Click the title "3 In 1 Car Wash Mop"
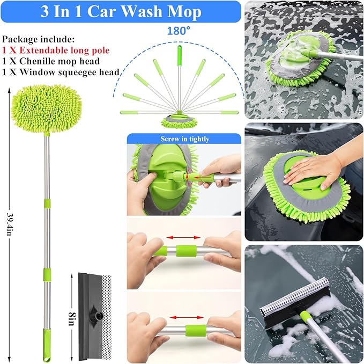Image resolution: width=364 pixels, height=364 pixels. pos(121,12)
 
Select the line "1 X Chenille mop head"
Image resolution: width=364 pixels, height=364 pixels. pos(47,61)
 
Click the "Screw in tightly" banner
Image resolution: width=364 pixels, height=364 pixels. pos(184,139)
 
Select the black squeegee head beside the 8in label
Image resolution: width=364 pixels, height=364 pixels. pos(90,311)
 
